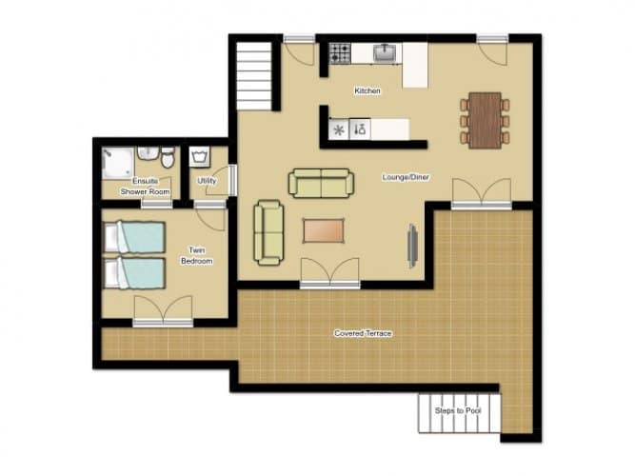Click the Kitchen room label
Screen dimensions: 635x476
coord(367,90)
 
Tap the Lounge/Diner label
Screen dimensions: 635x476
coord(406,177)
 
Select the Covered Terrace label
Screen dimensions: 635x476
coord(363,333)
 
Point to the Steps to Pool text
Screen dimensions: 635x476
coord(458,410)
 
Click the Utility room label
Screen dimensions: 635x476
coord(207,181)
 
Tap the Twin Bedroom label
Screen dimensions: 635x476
coord(197,256)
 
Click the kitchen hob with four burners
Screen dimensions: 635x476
coord(339,53)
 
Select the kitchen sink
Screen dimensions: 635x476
coord(385,52)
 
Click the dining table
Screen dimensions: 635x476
coord(485,121)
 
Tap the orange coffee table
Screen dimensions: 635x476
coord(323,231)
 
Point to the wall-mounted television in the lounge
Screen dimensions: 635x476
coord(412,246)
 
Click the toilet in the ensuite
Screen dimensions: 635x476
coord(168,158)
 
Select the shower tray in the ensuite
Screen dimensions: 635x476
coord(117,163)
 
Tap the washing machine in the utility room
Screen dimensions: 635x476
coord(199,157)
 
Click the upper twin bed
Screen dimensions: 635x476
coord(134,237)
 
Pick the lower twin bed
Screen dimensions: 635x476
coord(134,273)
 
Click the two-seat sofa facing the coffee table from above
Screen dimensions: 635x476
coord(321,183)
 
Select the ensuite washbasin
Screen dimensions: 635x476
coord(148,153)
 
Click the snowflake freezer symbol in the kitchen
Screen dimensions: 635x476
coord(339,130)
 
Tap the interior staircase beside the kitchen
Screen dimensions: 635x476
coord(254,76)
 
